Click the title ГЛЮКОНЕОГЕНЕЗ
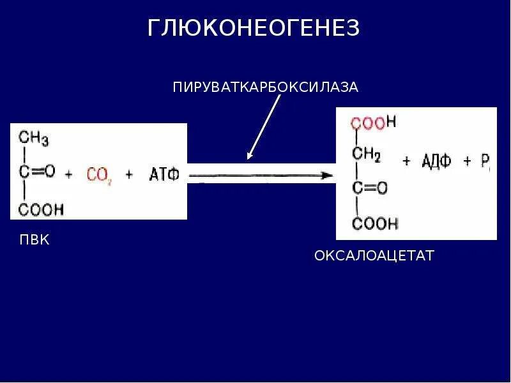tap(254, 27)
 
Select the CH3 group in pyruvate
tap(33, 138)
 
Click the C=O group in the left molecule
tap(37, 171)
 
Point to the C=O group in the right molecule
tap(370, 188)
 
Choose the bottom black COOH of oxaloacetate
tap(375, 223)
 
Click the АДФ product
tap(436, 161)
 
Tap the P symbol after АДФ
tap(485, 162)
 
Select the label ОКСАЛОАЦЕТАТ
tap(374, 256)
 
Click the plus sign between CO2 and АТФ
tap(129, 174)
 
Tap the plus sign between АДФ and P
tap(467, 161)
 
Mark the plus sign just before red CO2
tap(69, 173)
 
